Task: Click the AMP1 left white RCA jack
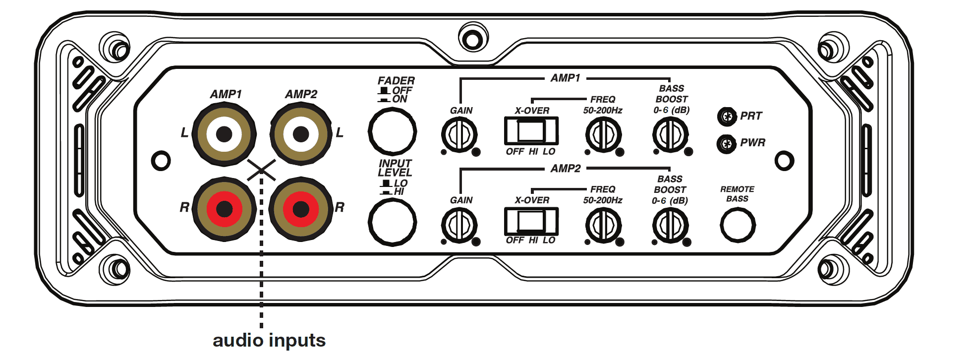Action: point(224,134)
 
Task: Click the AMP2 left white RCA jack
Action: point(301,134)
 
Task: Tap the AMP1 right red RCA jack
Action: point(224,209)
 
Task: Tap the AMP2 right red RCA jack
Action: point(301,209)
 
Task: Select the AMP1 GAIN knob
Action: point(459,134)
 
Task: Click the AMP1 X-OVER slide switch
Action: point(531,131)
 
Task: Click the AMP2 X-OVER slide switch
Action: point(531,221)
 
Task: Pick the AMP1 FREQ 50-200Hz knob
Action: point(603,134)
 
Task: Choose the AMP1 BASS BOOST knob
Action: point(670,134)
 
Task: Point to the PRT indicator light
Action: point(727,117)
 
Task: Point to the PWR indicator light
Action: point(727,144)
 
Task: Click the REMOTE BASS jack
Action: point(737,225)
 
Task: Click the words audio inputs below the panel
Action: point(269,341)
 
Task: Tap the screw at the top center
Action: point(472,39)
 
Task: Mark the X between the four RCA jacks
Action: point(261,170)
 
